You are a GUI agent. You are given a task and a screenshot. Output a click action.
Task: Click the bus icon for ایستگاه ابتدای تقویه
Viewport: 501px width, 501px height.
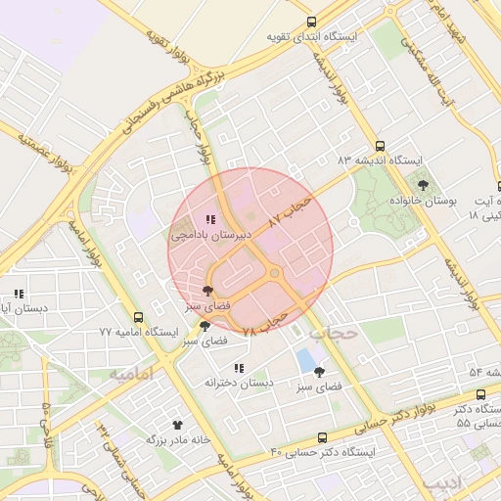(x=311, y=22)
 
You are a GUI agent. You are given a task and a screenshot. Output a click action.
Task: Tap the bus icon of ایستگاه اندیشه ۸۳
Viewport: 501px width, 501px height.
(x=381, y=145)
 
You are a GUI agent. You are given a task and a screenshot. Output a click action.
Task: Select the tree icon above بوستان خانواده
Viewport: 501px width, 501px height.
(x=423, y=184)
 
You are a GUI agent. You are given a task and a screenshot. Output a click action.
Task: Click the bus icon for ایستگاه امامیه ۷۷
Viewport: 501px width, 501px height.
(x=138, y=317)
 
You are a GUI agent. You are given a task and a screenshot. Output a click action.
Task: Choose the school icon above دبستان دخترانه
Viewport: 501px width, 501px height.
(x=239, y=368)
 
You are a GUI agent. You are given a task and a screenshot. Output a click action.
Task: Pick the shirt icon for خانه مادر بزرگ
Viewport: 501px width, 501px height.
(x=177, y=425)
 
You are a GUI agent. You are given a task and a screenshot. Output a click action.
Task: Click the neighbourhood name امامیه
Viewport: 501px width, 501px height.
(x=132, y=374)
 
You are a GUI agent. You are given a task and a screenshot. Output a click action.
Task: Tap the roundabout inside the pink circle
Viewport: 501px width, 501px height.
(x=275, y=272)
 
